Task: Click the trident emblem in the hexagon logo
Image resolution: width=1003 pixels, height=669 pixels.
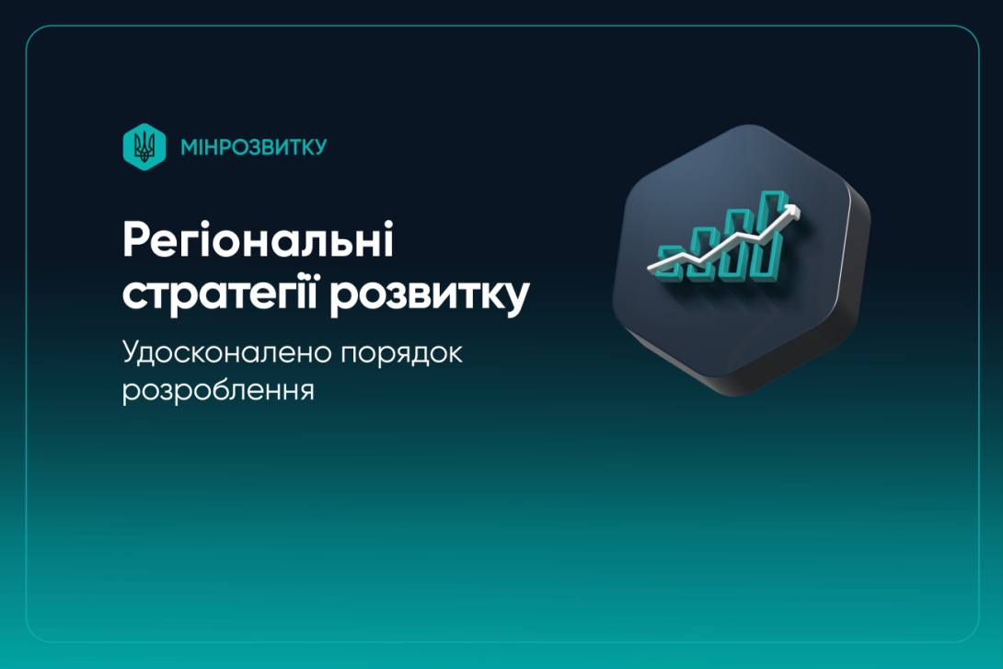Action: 144,146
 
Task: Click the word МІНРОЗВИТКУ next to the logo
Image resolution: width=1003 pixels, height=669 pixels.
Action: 253,147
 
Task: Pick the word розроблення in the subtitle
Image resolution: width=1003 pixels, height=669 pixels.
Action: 218,390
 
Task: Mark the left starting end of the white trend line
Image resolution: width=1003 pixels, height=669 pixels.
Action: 651,268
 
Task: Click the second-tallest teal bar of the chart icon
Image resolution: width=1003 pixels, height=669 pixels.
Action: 739,241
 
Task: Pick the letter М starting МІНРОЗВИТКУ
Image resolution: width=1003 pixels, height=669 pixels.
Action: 189,147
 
